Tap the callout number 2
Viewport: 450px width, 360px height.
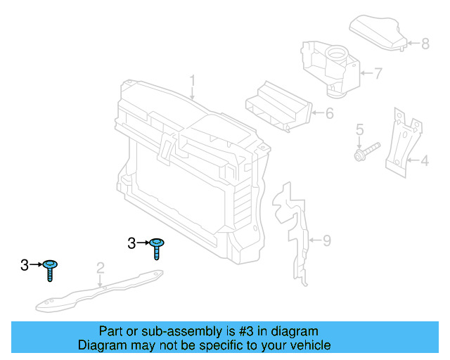point(100,268)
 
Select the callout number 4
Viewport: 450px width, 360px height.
point(425,160)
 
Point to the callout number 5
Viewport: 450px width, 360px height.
point(359,129)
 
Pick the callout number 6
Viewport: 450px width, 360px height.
point(330,113)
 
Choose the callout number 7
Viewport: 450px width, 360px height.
point(378,73)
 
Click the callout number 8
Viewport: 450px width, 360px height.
point(425,44)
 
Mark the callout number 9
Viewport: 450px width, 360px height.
point(327,240)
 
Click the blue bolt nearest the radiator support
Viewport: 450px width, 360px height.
point(157,249)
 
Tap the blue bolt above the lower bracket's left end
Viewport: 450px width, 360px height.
point(50,271)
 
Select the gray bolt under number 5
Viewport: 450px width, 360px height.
point(367,152)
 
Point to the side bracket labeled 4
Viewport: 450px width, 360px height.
point(403,143)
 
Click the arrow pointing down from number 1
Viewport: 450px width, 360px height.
point(192,94)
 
